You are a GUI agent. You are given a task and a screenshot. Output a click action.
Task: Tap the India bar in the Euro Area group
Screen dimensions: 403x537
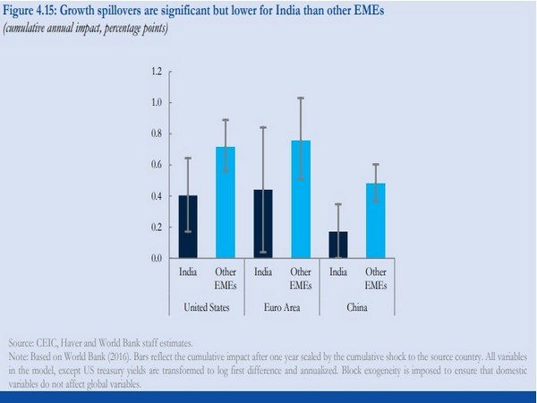(263, 224)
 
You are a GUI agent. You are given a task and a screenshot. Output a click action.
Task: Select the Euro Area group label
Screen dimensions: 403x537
(283, 308)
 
